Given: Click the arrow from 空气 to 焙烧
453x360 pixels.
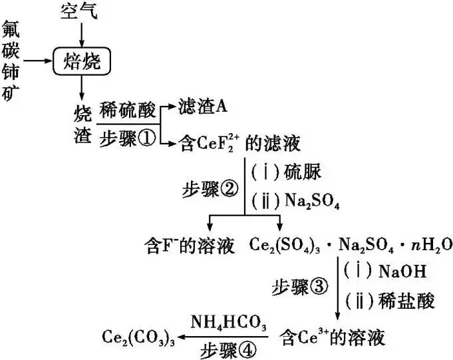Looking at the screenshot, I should [80, 33].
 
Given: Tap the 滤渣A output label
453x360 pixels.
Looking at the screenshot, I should [204, 106].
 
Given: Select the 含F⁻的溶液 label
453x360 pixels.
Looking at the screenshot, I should [190, 246].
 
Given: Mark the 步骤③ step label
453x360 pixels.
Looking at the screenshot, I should [301, 287].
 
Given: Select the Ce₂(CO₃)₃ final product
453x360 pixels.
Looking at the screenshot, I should [139, 337].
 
